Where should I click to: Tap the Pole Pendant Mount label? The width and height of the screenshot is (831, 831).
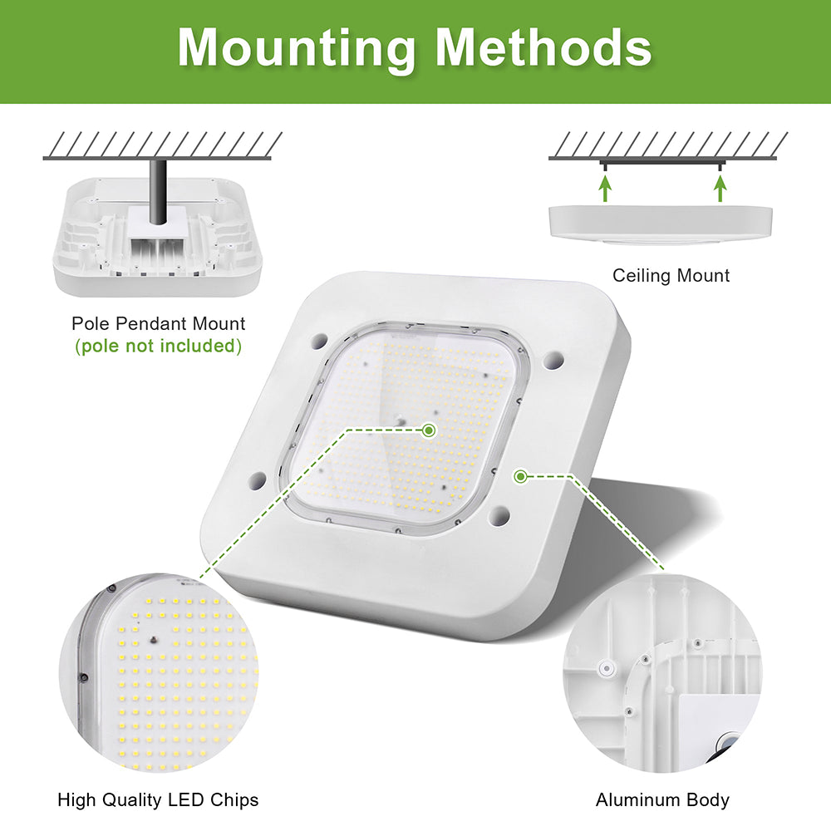tap(158, 323)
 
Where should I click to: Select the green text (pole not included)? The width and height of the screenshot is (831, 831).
tap(158, 346)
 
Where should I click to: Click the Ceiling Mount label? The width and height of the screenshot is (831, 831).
tap(671, 275)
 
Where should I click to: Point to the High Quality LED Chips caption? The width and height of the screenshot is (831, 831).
tap(158, 800)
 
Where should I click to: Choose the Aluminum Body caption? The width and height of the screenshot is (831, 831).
tap(662, 800)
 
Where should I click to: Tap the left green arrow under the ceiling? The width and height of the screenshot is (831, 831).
tap(605, 188)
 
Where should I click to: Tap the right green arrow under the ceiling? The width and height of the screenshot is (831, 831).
tap(720, 188)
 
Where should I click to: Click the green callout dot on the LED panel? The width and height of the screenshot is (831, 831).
tap(429, 430)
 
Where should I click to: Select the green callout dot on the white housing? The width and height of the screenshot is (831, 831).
tap(520, 476)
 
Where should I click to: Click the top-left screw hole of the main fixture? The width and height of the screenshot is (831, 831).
tap(320, 341)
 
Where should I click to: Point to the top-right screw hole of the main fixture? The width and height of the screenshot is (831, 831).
tap(554, 360)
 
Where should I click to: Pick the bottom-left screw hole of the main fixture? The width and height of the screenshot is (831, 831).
tap(258, 480)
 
